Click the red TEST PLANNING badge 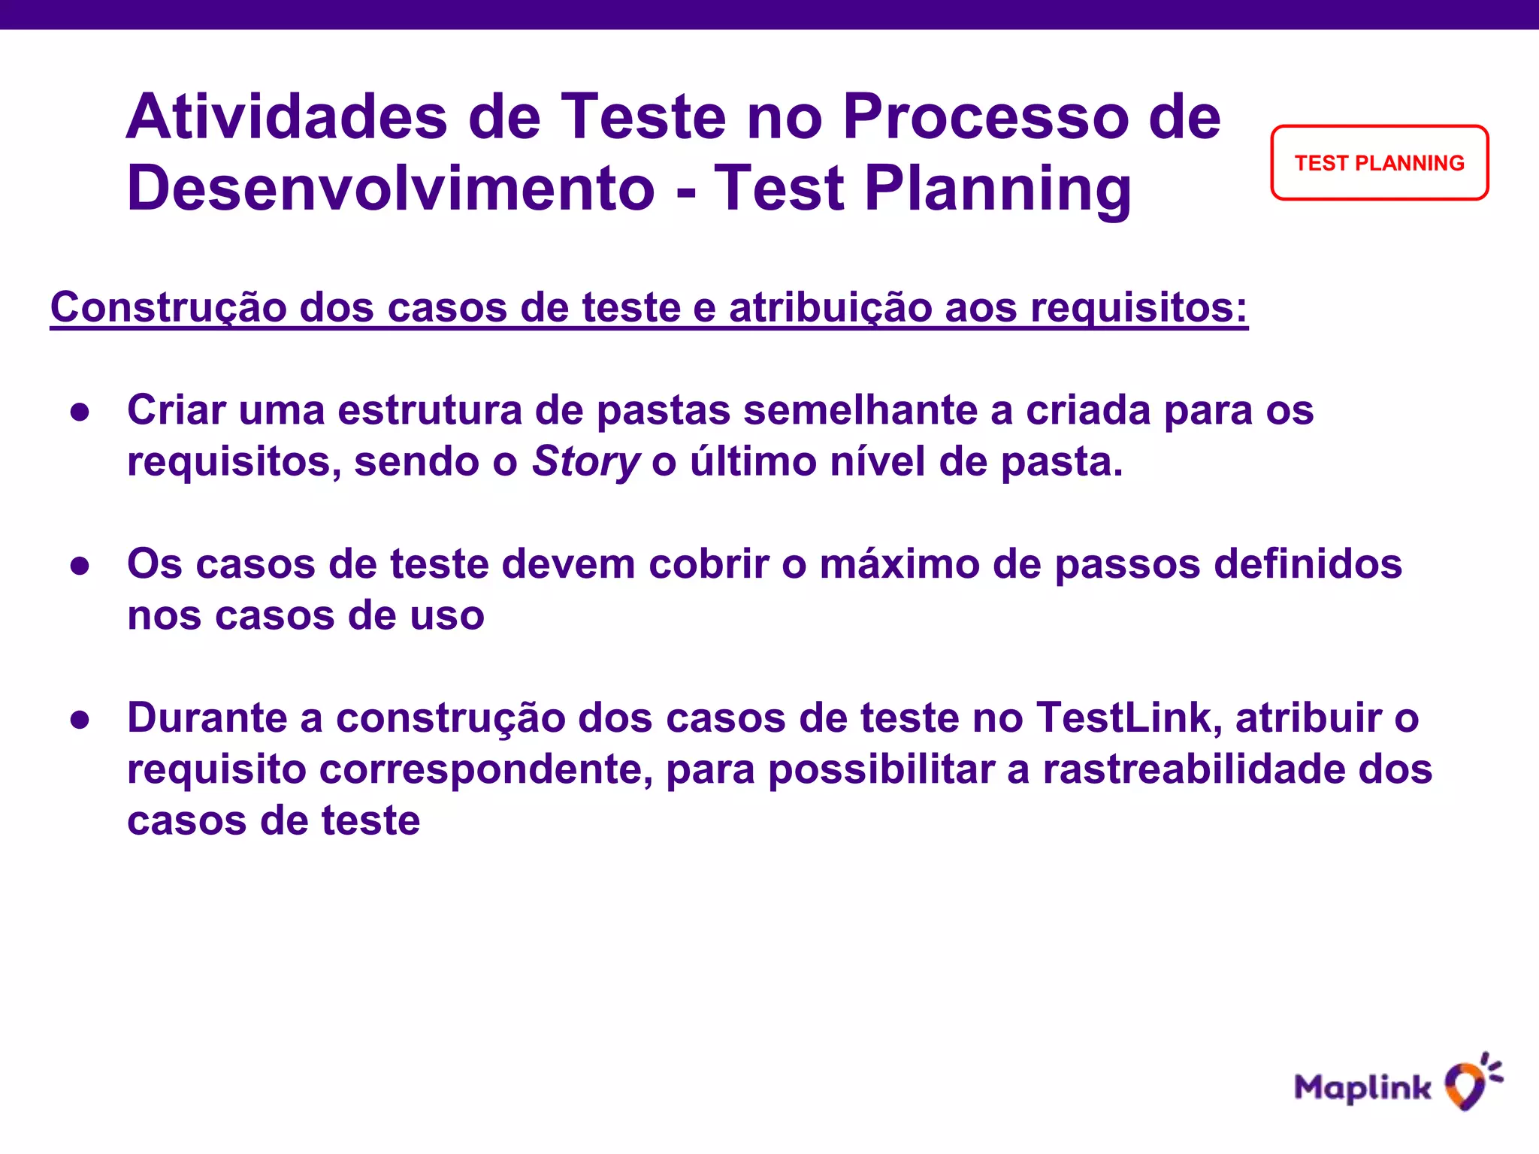[x=1379, y=163]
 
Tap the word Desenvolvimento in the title [x=391, y=189]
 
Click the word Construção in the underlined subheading [x=168, y=307]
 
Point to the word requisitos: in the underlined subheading [x=1138, y=307]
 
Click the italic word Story [x=585, y=461]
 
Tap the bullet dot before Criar [x=80, y=412]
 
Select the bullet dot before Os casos [x=80, y=566]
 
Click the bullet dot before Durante [x=80, y=720]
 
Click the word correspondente [x=485, y=769]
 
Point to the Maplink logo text [x=1362, y=1088]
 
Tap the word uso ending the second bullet [x=448, y=616]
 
